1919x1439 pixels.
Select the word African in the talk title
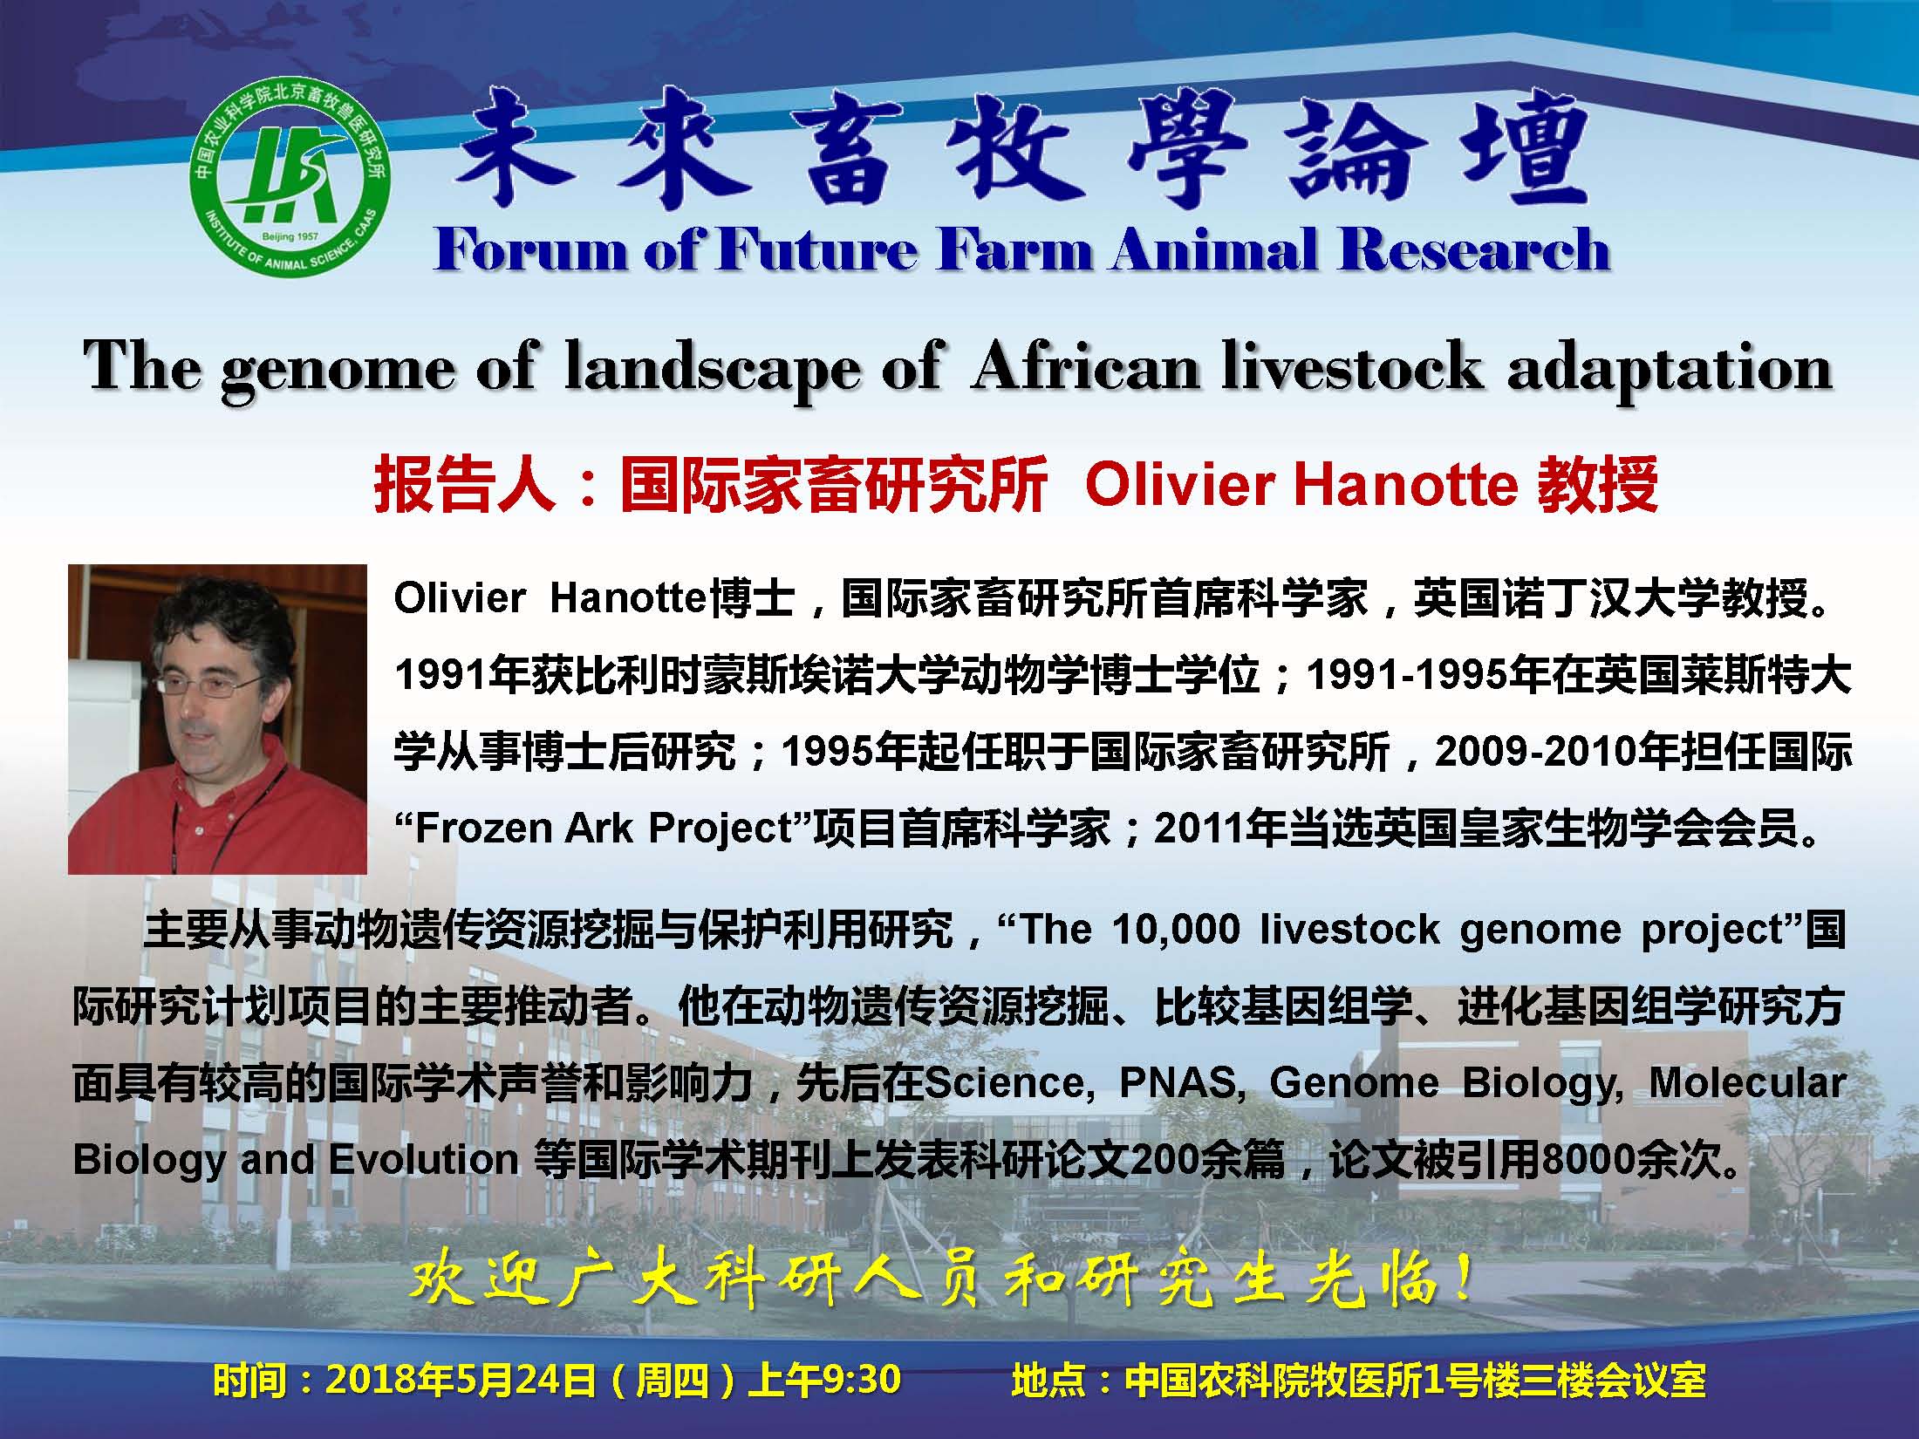(1084, 366)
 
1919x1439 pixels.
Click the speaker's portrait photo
(217, 719)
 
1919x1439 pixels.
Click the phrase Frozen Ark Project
(603, 829)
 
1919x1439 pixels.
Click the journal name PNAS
(1178, 1082)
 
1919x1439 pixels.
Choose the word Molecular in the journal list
(1747, 1082)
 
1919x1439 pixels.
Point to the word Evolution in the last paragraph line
(424, 1159)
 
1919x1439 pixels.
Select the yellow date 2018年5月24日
(461, 1380)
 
